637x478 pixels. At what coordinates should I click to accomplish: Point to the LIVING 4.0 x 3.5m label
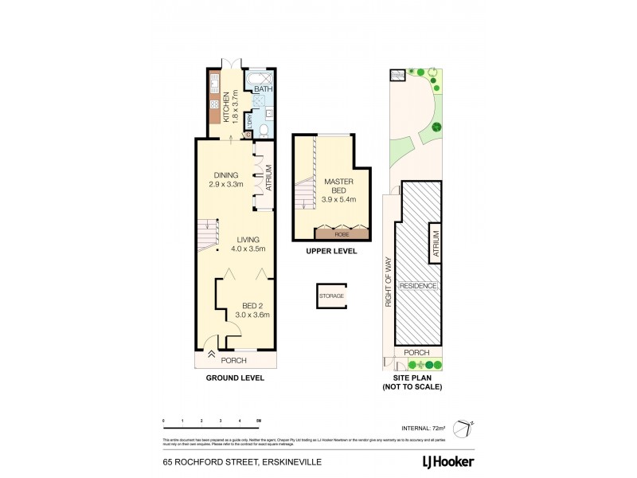coord(247,243)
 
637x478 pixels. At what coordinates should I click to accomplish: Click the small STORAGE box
coord(331,296)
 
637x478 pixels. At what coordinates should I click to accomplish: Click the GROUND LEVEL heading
coord(234,378)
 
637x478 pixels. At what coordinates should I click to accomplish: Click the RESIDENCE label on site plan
coord(417,286)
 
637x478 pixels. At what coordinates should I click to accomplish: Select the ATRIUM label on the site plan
coord(436,241)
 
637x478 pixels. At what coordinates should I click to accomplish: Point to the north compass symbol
coord(463,429)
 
